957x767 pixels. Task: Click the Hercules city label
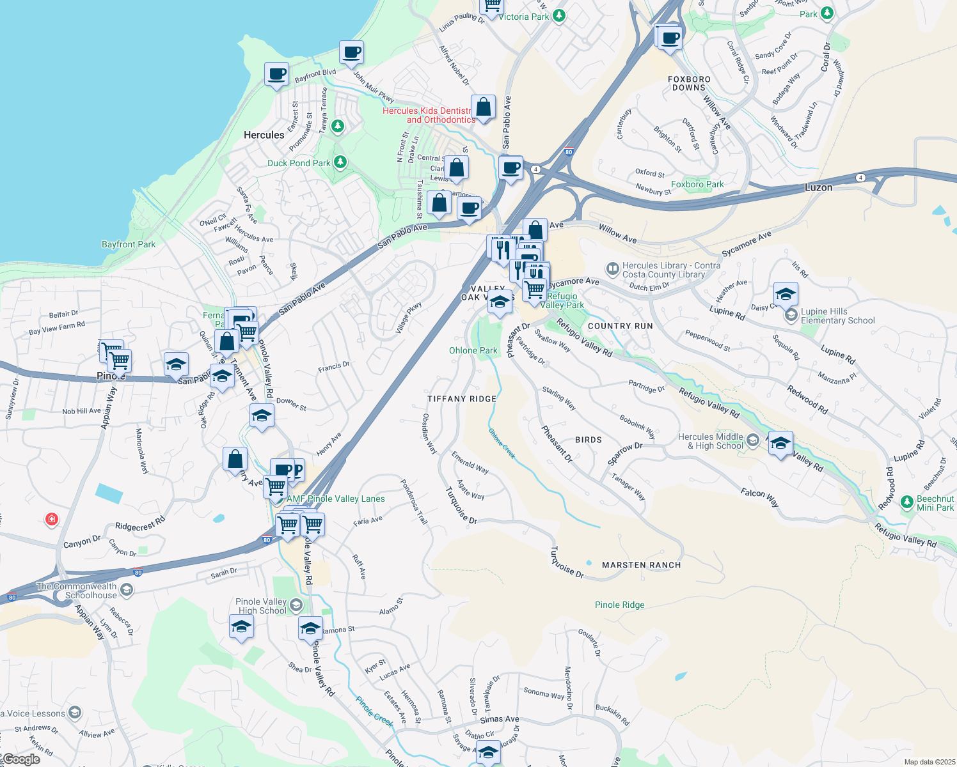(x=264, y=135)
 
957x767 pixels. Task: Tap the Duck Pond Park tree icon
(x=340, y=162)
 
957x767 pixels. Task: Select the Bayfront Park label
(x=129, y=244)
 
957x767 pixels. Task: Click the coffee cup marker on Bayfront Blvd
(x=276, y=74)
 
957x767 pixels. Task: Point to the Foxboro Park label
(x=697, y=184)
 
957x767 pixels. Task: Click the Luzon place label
(x=818, y=187)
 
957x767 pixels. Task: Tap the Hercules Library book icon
(x=612, y=268)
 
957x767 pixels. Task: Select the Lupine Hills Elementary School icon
(x=791, y=315)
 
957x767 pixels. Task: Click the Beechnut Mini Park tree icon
(x=906, y=502)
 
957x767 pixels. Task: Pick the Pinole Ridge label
(x=619, y=605)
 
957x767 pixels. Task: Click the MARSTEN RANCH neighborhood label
(x=641, y=565)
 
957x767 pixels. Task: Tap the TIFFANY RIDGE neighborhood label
(x=461, y=399)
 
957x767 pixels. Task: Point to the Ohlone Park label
(x=473, y=350)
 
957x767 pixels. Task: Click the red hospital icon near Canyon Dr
(x=52, y=519)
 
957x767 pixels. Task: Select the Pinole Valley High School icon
(x=296, y=605)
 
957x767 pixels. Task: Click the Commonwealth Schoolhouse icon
(x=127, y=589)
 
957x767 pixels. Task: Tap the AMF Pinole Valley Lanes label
(x=336, y=499)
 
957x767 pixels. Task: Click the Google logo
(x=20, y=759)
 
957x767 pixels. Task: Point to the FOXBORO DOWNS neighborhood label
(x=689, y=83)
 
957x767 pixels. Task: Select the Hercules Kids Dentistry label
(x=427, y=115)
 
